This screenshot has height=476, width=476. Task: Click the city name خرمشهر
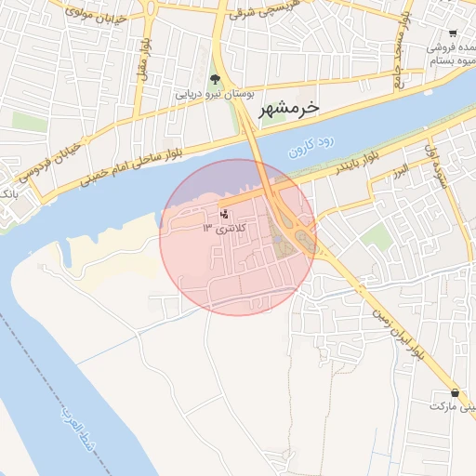coord(289,107)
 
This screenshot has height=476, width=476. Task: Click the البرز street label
coord(401,173)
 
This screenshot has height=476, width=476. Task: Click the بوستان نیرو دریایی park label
coord(216,94)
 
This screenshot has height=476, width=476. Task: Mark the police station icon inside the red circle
coord(223,214)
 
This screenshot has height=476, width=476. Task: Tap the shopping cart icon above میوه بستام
coord(453,33)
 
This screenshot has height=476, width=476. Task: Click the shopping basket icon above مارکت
coord(454,392)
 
